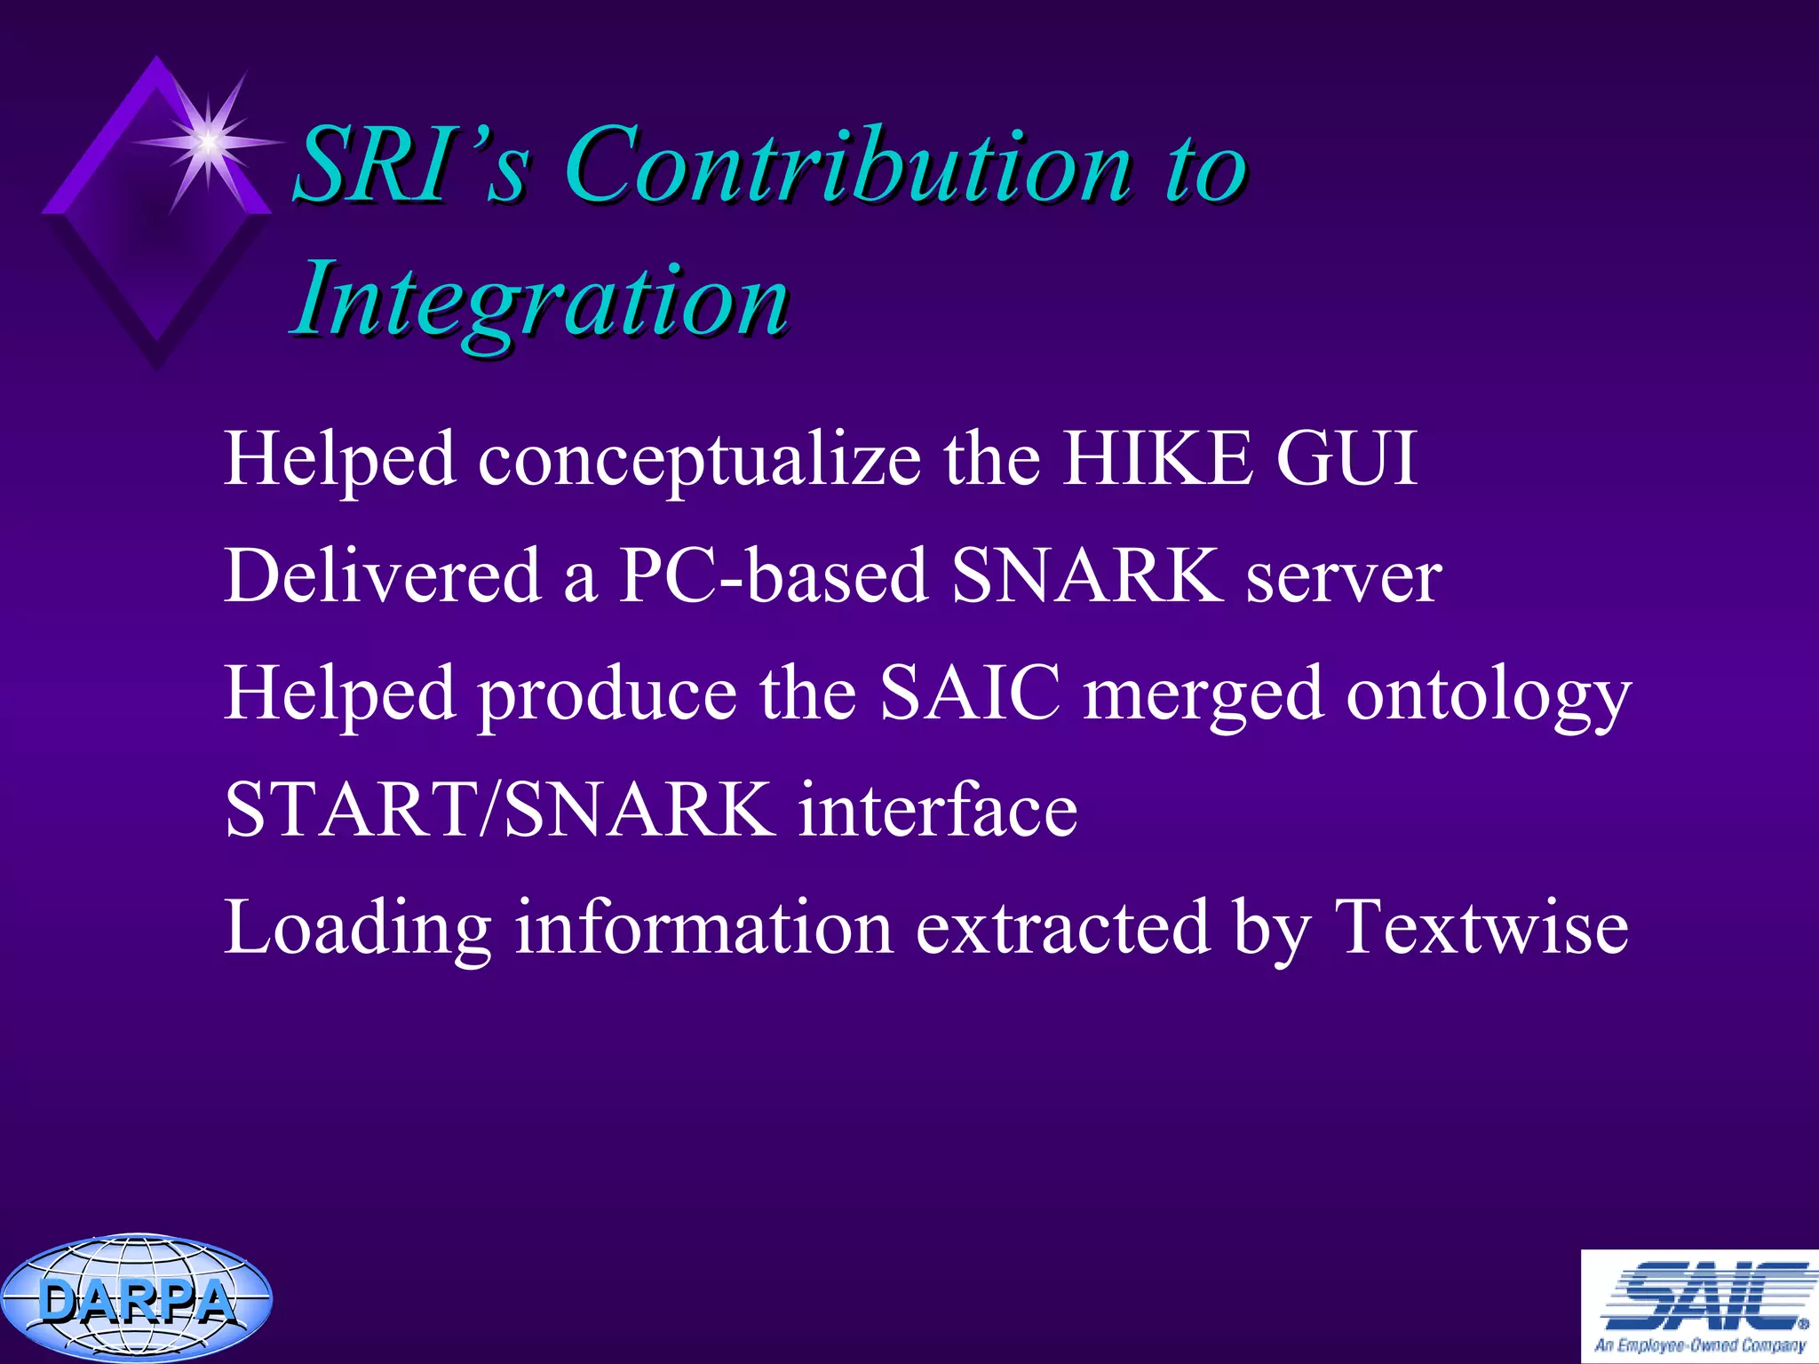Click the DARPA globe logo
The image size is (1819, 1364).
point(136,1298)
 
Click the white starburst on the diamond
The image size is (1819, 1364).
point(208,141)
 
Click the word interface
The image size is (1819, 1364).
point(937,810)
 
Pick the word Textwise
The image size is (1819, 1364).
point(1481,927)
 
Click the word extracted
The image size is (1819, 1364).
point(1062,927)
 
